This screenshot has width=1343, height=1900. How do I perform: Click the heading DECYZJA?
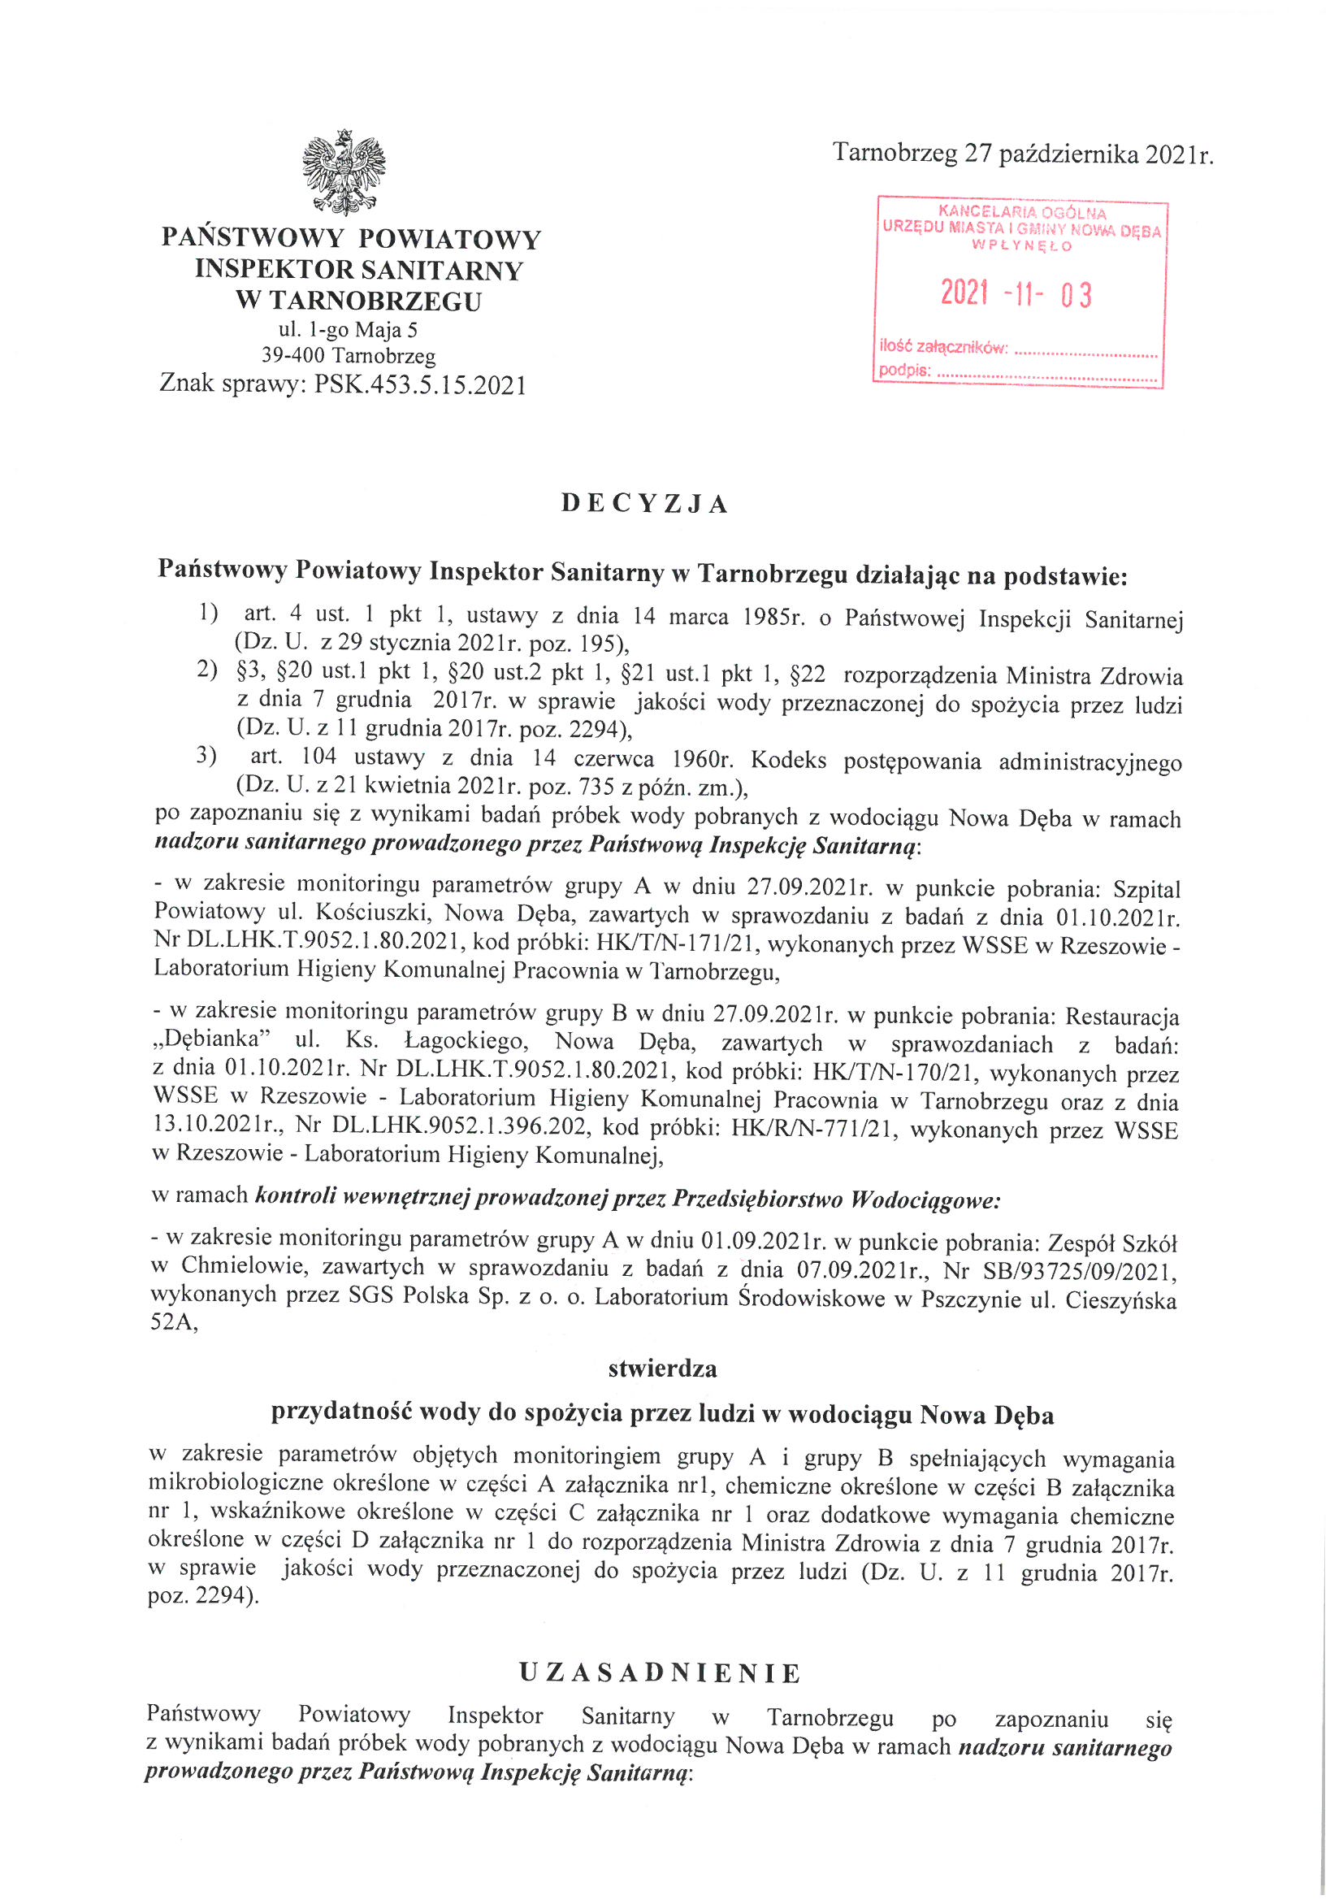[x=644, y=504]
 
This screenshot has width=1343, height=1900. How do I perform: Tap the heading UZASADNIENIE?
[x=661, y=1673]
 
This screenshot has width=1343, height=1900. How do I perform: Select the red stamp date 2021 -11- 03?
[x=1017, y=293]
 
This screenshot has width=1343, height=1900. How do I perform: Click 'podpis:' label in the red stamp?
[x=904, y=371]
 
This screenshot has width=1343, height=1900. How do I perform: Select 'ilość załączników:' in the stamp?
[x=942, y=349]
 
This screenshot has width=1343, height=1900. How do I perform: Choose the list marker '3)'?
[x=206, y=757]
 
